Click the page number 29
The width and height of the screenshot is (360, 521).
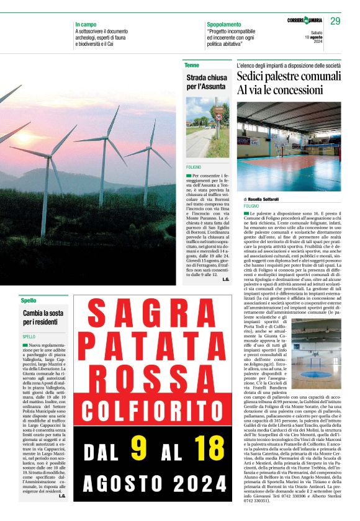pyautogui.click(x=335, y=21)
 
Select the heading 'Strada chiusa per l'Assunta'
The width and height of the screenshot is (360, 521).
pyautogui.click(x=206, y=82)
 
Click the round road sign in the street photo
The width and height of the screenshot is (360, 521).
pyautogui.click(x=218, y=117)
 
